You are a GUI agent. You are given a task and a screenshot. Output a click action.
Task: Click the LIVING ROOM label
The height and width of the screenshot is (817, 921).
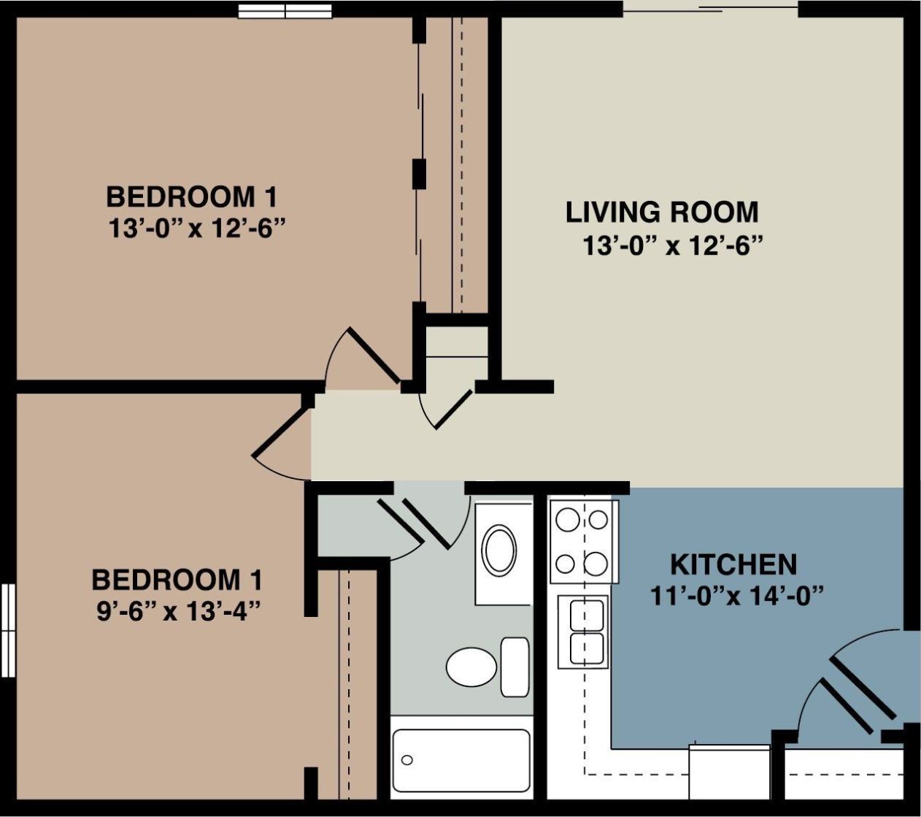pyautogui.click(x=662, y=212)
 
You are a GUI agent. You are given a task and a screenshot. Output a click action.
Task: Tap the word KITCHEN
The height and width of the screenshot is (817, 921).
pyautogui.click(x=733, y=564)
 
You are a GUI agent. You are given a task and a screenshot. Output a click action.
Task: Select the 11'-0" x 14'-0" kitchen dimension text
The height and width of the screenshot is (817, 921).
pyautogui.click(x=736, y=596)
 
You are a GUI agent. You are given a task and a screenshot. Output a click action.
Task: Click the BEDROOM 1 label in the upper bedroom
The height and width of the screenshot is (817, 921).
pyautogui.click(x=191, y=196)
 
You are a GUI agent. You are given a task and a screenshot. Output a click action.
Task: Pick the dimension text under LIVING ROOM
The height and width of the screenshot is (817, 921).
pyautogui.click(x=671, y=245)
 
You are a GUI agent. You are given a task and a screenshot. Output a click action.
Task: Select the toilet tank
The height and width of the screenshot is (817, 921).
pyautogui.click(x=515, y=667)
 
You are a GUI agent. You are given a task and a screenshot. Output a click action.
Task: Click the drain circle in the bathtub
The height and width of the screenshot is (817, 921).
pyautogui.click(x=407, y=760)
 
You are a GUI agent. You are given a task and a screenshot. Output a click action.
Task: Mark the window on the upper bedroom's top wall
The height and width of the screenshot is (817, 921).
pyautogui.click(x=285, y=10)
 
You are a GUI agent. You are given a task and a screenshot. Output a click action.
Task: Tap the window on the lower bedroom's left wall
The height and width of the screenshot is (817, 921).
pyautogui.click(x=8, y=630)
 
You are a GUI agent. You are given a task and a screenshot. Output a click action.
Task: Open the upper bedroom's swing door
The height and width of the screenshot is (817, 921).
pyautogui.click(x=372, y=355)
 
